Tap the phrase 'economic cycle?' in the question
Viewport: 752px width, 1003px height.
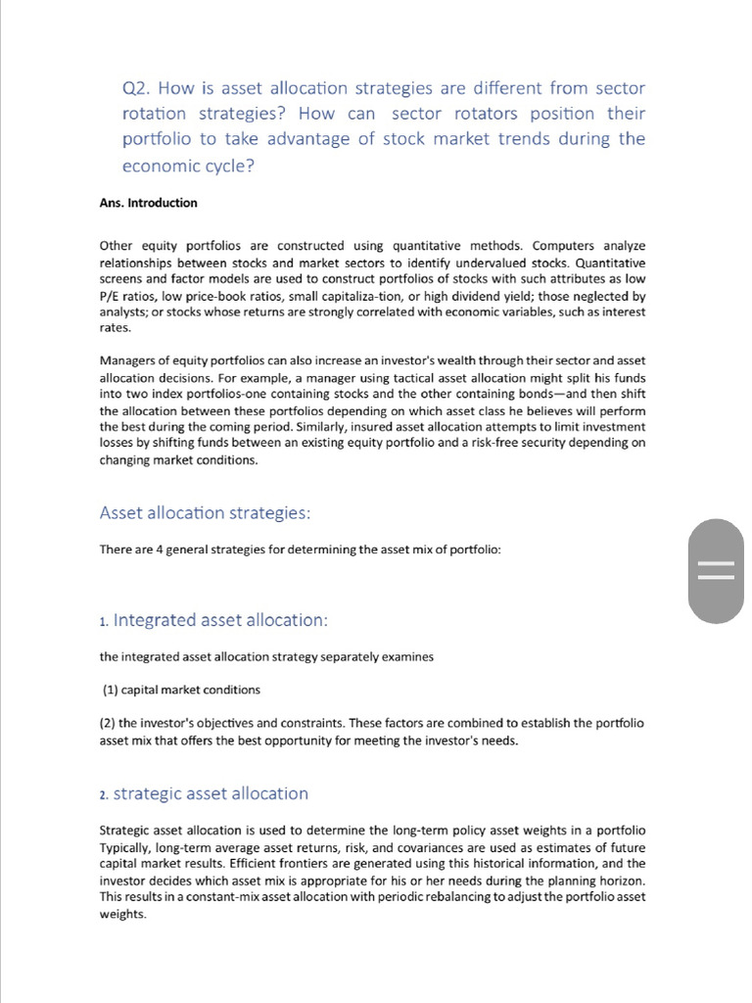pyautogui.click(x=188, y=166)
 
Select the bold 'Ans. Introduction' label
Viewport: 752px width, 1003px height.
pyautogui.click(x=148, y=203)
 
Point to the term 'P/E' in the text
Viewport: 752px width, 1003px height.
pyautogui.click(x=110, y=296)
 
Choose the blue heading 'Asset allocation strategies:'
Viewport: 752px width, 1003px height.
pyautogui.click(x=205, y=513)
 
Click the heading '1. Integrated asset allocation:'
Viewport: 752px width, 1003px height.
pyautogui.click(x=213, y=620)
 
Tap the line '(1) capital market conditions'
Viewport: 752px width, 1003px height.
pyautogui.click(x=181, y=690)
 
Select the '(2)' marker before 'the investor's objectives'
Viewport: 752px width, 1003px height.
pyautogui.click(x=108, y=723)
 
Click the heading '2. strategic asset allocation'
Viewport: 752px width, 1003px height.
pyautogui.click(x=204, y=793)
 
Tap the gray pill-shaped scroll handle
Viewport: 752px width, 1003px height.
pyautogui.click(x=716, y=571)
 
